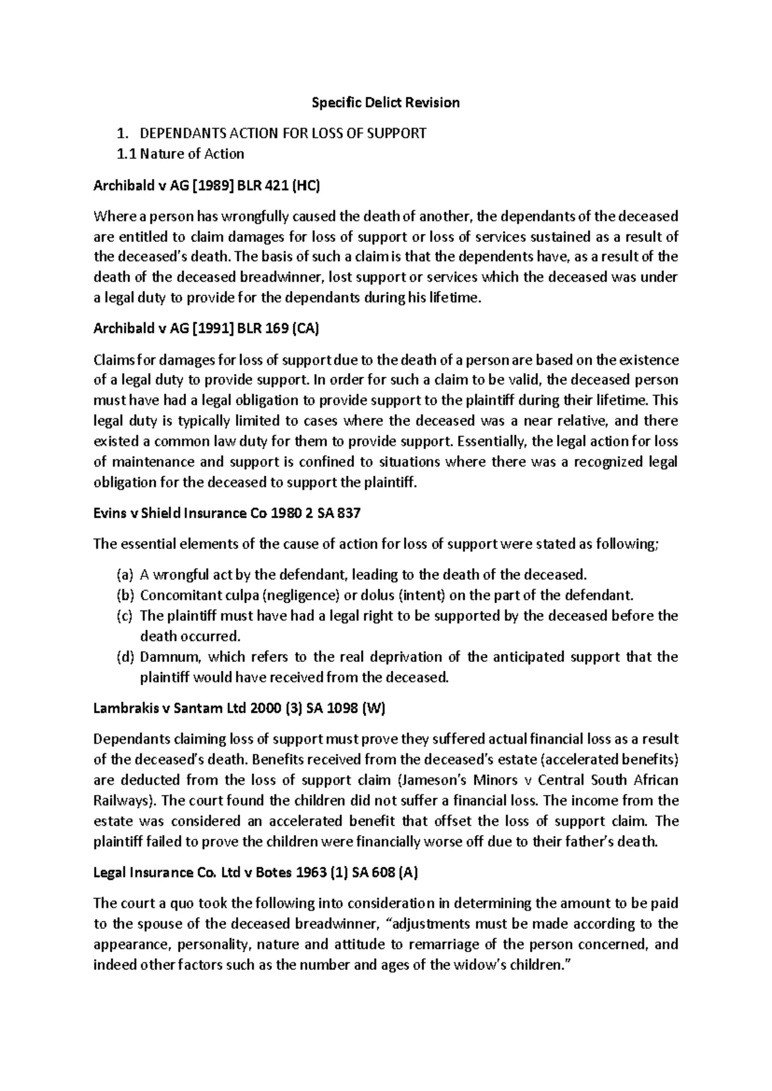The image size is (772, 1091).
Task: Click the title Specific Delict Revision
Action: [385, 102]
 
